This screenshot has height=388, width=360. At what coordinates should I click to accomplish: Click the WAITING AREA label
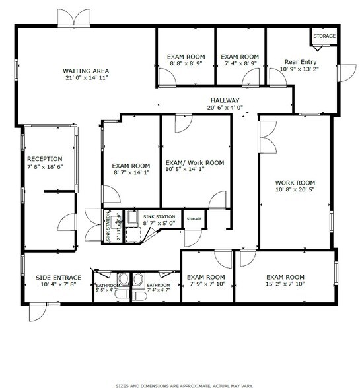click(86, 71)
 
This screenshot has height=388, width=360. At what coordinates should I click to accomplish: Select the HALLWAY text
click(225, 100)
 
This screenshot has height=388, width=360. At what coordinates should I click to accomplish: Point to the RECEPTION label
click(44, 159)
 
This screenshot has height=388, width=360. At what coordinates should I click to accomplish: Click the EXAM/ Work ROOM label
click(194, 162)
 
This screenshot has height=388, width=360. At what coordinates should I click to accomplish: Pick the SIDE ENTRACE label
click(58, 278)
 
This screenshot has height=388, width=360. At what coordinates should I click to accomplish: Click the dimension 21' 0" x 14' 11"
click(86, 78)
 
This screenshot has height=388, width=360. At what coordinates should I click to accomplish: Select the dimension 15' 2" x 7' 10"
click(285, 284)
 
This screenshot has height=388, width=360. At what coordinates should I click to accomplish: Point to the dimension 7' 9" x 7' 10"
click(205, 284)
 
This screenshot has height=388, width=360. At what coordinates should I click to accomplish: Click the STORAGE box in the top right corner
click(324, 36)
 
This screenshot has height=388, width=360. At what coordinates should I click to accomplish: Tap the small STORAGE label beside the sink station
click(194, 219)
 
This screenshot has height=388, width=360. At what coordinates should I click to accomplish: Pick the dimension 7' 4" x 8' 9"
click(240, 65)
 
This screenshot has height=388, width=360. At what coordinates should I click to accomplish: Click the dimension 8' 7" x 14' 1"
click(131, 174)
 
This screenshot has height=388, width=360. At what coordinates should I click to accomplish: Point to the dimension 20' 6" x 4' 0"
click(225, 107)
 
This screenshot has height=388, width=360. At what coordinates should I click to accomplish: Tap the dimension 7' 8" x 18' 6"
click(44, 167)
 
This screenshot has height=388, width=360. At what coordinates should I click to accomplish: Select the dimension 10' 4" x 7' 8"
click(58, 285)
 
